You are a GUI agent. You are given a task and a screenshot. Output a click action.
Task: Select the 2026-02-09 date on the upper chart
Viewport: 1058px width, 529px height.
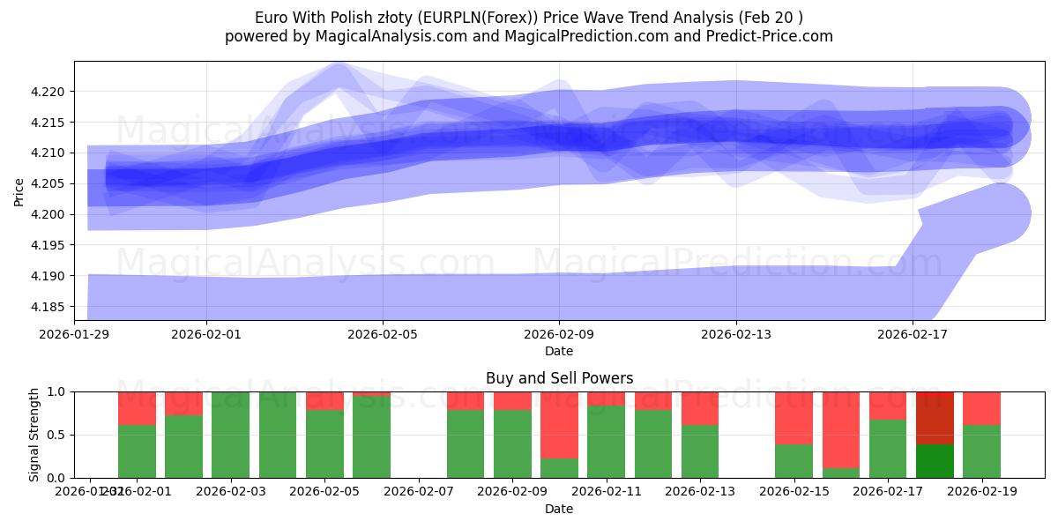coord(559,335)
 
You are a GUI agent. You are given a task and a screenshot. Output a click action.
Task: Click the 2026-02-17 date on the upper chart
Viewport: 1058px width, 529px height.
coord(913,335)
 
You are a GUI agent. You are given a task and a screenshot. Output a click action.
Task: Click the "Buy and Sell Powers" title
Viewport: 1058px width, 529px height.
coord(559,378)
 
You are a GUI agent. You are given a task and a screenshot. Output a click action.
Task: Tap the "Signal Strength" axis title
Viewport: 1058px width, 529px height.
coord(34,435)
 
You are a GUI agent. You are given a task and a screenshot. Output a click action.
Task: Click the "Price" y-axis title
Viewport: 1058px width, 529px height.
coord(19,190)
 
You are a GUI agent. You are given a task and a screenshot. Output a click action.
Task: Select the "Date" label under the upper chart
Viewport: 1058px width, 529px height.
coord(559,351)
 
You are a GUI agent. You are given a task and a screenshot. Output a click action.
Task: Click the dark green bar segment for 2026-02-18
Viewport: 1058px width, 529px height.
coord(935,460)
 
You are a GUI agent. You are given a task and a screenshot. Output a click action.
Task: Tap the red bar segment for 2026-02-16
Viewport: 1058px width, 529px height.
coord(841,429)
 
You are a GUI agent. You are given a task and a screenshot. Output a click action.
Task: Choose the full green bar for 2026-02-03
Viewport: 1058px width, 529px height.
coord(231,435)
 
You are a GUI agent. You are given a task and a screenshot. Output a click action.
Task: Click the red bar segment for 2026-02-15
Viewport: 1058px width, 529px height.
coord(794,418)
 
